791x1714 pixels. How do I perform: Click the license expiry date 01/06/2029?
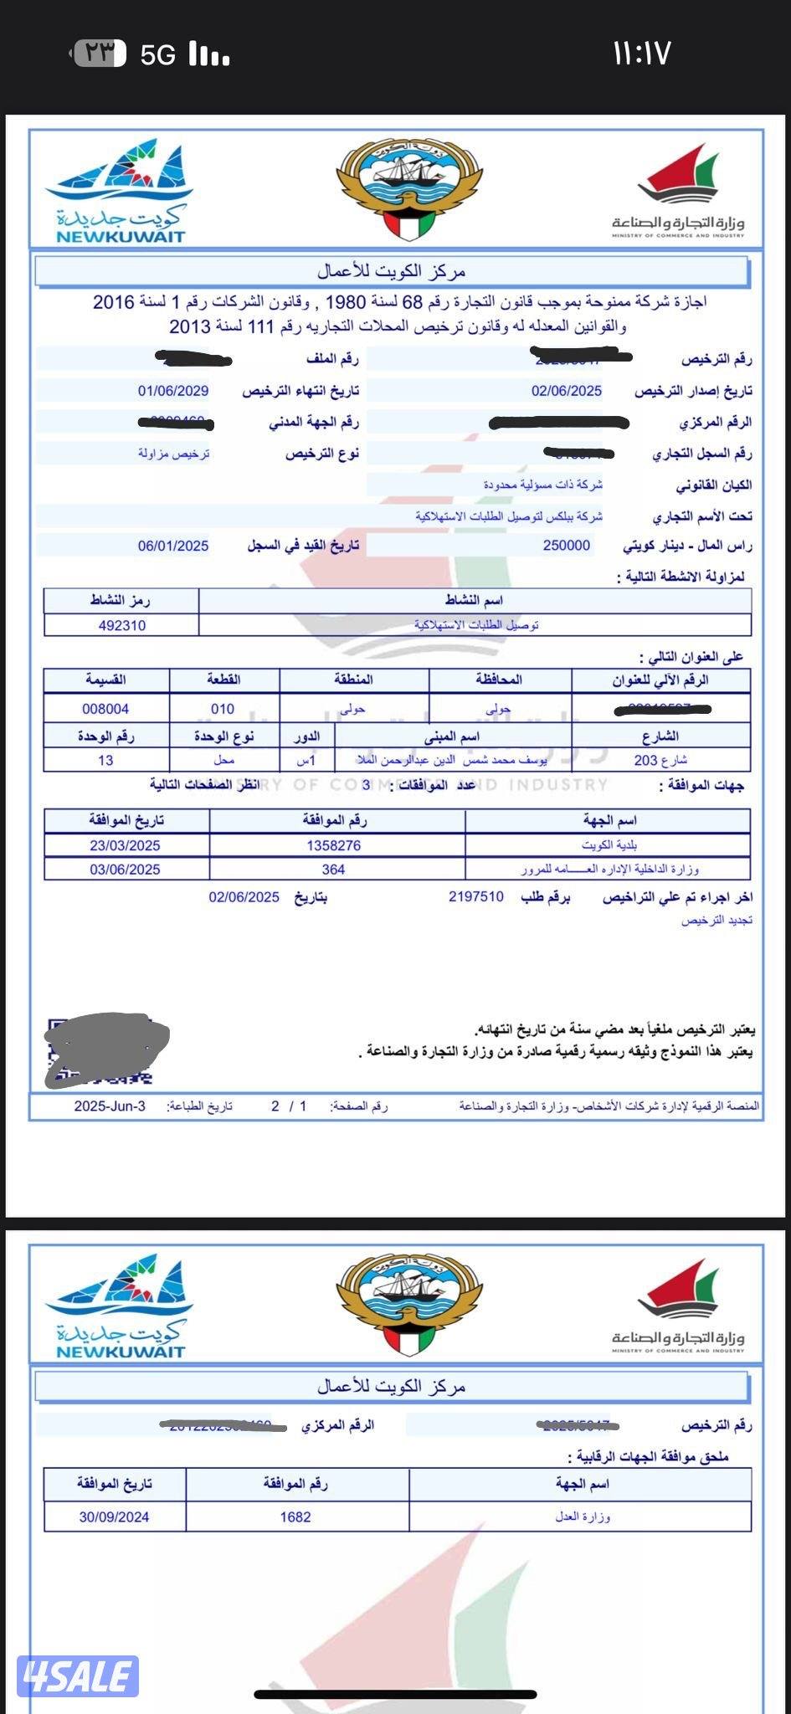tap(173, 391)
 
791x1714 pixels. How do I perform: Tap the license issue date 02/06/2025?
tap(567, 391)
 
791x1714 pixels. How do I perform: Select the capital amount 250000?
tap(567, 546)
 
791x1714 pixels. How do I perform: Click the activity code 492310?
tap(122, 625)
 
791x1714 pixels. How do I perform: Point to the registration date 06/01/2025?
tap(173, 546)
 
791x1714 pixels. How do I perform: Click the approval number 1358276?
tap(334, 845)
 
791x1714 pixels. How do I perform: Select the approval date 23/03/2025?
tap(125, 845)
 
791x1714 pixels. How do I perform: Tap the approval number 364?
tap(333, 870)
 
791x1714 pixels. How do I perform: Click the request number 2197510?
tap(476, 896)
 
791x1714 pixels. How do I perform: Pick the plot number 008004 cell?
tap(105, 709)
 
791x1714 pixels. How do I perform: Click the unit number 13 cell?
tap(105, 760)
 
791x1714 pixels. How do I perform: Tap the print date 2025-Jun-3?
tap(110, 1106)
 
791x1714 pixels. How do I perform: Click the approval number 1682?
tap(295, 1516)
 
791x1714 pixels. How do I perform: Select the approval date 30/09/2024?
tap(114, 1516)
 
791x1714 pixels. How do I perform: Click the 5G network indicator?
tap(158, 55)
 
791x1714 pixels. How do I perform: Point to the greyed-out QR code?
tap(106, 1050)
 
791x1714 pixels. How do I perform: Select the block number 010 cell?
tap(223, 709)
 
